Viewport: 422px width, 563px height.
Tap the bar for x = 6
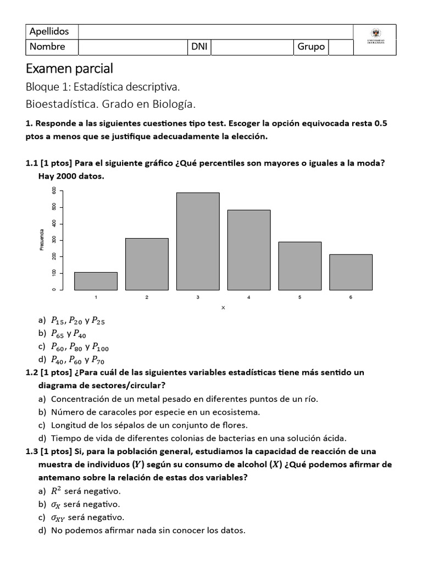tap(351, 272)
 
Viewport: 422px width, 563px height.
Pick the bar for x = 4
tap(249, 250)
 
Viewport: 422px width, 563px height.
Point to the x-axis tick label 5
tap(299, 297)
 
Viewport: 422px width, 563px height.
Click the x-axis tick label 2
tap(147, 297)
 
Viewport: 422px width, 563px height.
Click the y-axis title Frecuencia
tap(41, 240)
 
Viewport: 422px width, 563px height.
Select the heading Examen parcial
tap(69, 69)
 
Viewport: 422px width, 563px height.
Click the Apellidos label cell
tap(52, 31)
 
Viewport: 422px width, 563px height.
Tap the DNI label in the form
tap(199, 47)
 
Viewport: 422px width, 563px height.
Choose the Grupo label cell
tap(311, 47)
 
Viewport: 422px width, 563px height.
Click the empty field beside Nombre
tap(132, 47)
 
